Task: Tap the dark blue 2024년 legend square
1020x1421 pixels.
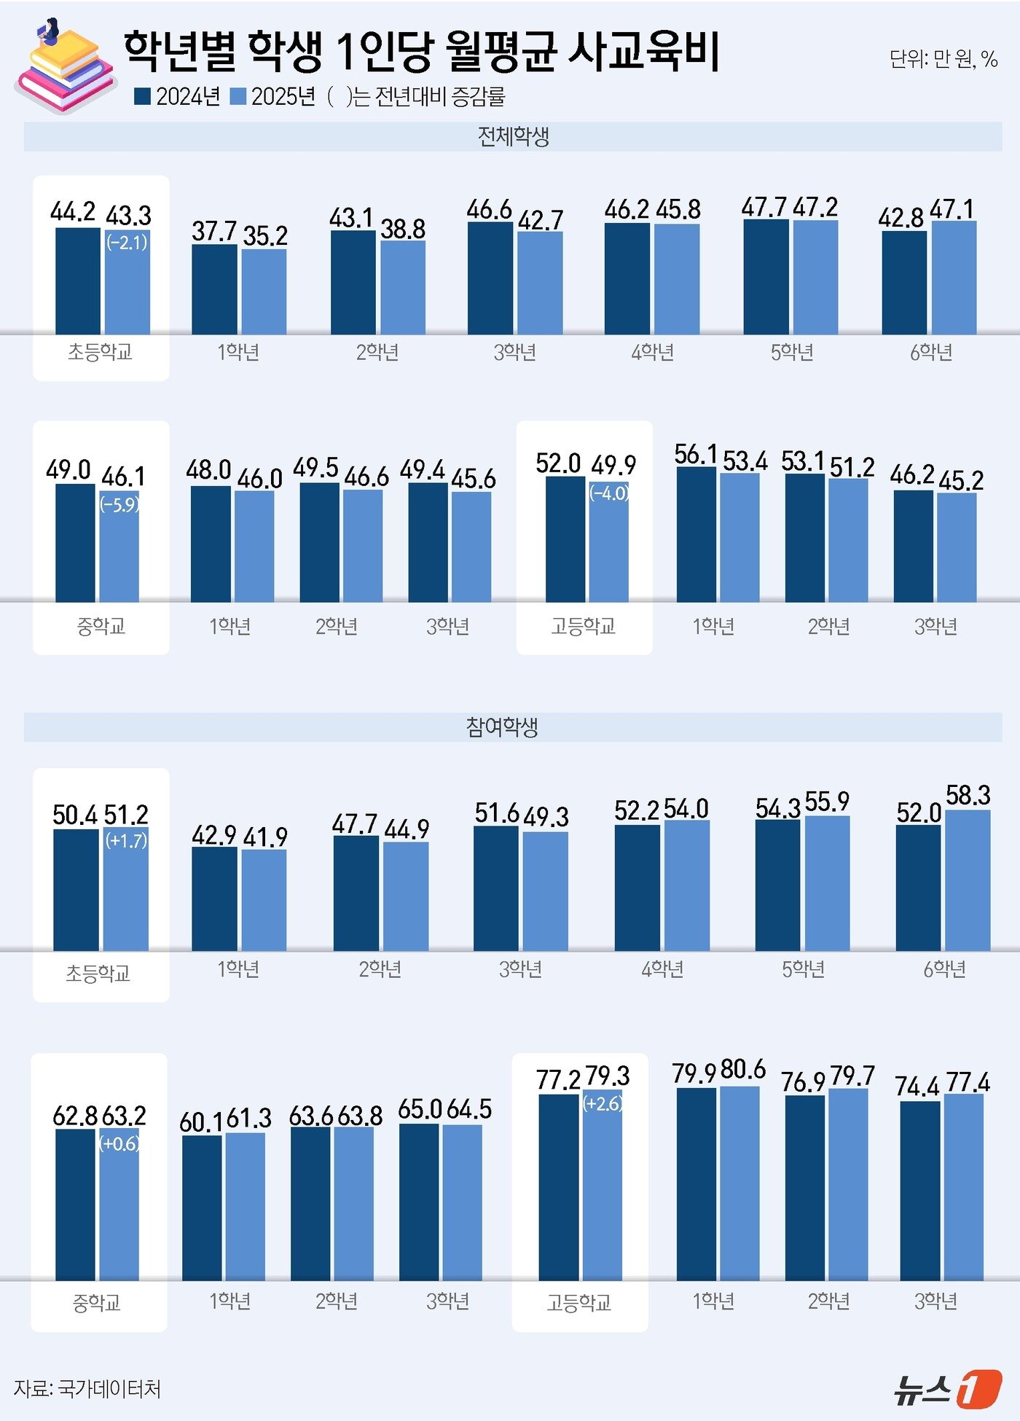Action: [x=142, y=96]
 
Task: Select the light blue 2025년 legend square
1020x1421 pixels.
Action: [x=238, y=96]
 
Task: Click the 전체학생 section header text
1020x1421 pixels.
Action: [x=513, y=136]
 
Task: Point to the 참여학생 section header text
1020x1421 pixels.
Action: [x=502, y=727]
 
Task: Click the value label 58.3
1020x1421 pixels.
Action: [x=968, y=795]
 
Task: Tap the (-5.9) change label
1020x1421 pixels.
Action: [x=119, y=504]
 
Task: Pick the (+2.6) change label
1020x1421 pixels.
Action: [x=603, y=1103]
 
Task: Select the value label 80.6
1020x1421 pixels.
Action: [x=743, y=1070]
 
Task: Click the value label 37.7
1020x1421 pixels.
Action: [x=214, y=231]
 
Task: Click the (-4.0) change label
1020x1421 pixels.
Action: [x=609, y=493]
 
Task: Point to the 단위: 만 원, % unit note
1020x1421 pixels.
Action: [x=943, y=59]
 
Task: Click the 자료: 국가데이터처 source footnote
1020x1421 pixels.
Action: [x=87, y=1388]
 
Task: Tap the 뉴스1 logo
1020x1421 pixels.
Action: [x=948, y=1388]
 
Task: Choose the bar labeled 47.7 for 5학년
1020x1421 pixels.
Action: [x=766, y=276]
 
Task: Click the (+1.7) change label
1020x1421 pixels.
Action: [x=126, y=841]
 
